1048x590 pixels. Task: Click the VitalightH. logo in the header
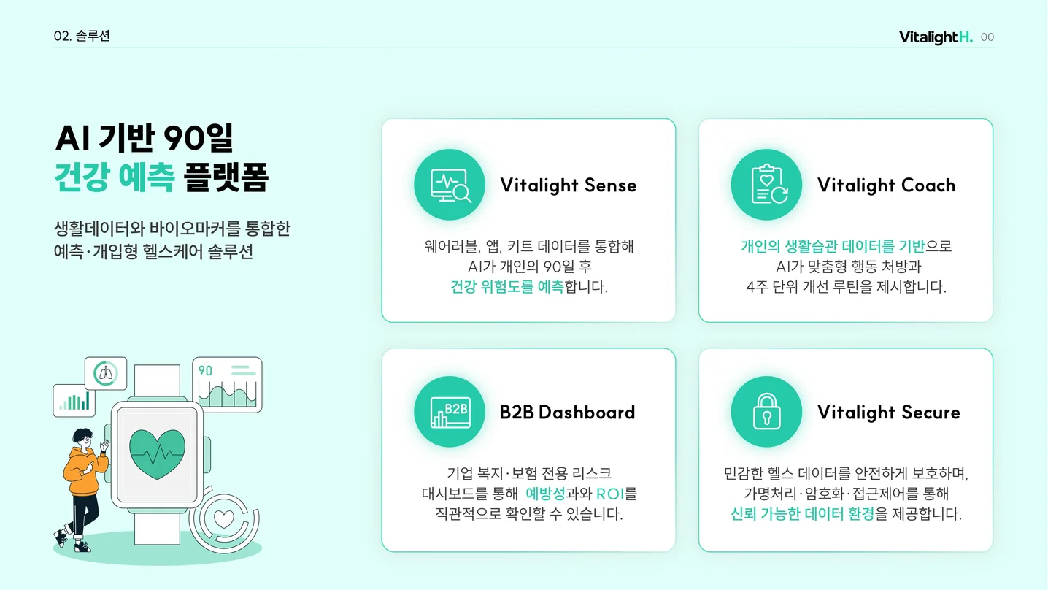pyautogui.click(x=936, y=37)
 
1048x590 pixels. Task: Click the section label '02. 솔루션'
pyautogui.click(x=82, y=36)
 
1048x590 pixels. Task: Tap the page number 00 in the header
pyautogui.click(x=987, y=37)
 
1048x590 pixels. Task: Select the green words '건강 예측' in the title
pyautogui.click(x=115, y=177)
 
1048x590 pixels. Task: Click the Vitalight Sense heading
pyautogui.click(x=568, y=185)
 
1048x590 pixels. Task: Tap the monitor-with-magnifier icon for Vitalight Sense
pyautogui.click(x=450, y=185)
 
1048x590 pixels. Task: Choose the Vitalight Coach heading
pyautogui.click(x=886, y=185)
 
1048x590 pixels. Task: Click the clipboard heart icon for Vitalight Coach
pyautogui.click(x=766, y=185)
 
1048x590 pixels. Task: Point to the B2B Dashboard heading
pyautogui.click(x=567, y=413)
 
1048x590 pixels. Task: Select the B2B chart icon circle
pyautogui.click(x=450, y=413)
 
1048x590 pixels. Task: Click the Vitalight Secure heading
pyautogui.click(x=888, y=413)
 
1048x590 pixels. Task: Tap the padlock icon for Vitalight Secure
pyautogui.click(x=766, y=413)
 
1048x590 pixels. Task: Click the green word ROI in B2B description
pyautogui.click(x=609, y=494)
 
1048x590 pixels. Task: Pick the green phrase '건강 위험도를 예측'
pyautogui.click(x=507, y=287)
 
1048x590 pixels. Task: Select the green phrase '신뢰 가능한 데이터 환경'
pyautogui.click(x=802, y=514)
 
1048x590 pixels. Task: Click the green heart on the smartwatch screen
pyautogui.click(x=157, y=453)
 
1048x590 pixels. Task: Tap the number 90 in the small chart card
pyautogui.click(x=205, y=371)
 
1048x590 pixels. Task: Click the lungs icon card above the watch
pyautogui.click(x=106, y=374)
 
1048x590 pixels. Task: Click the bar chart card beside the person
pyautogui.click(x=74, y=401)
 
